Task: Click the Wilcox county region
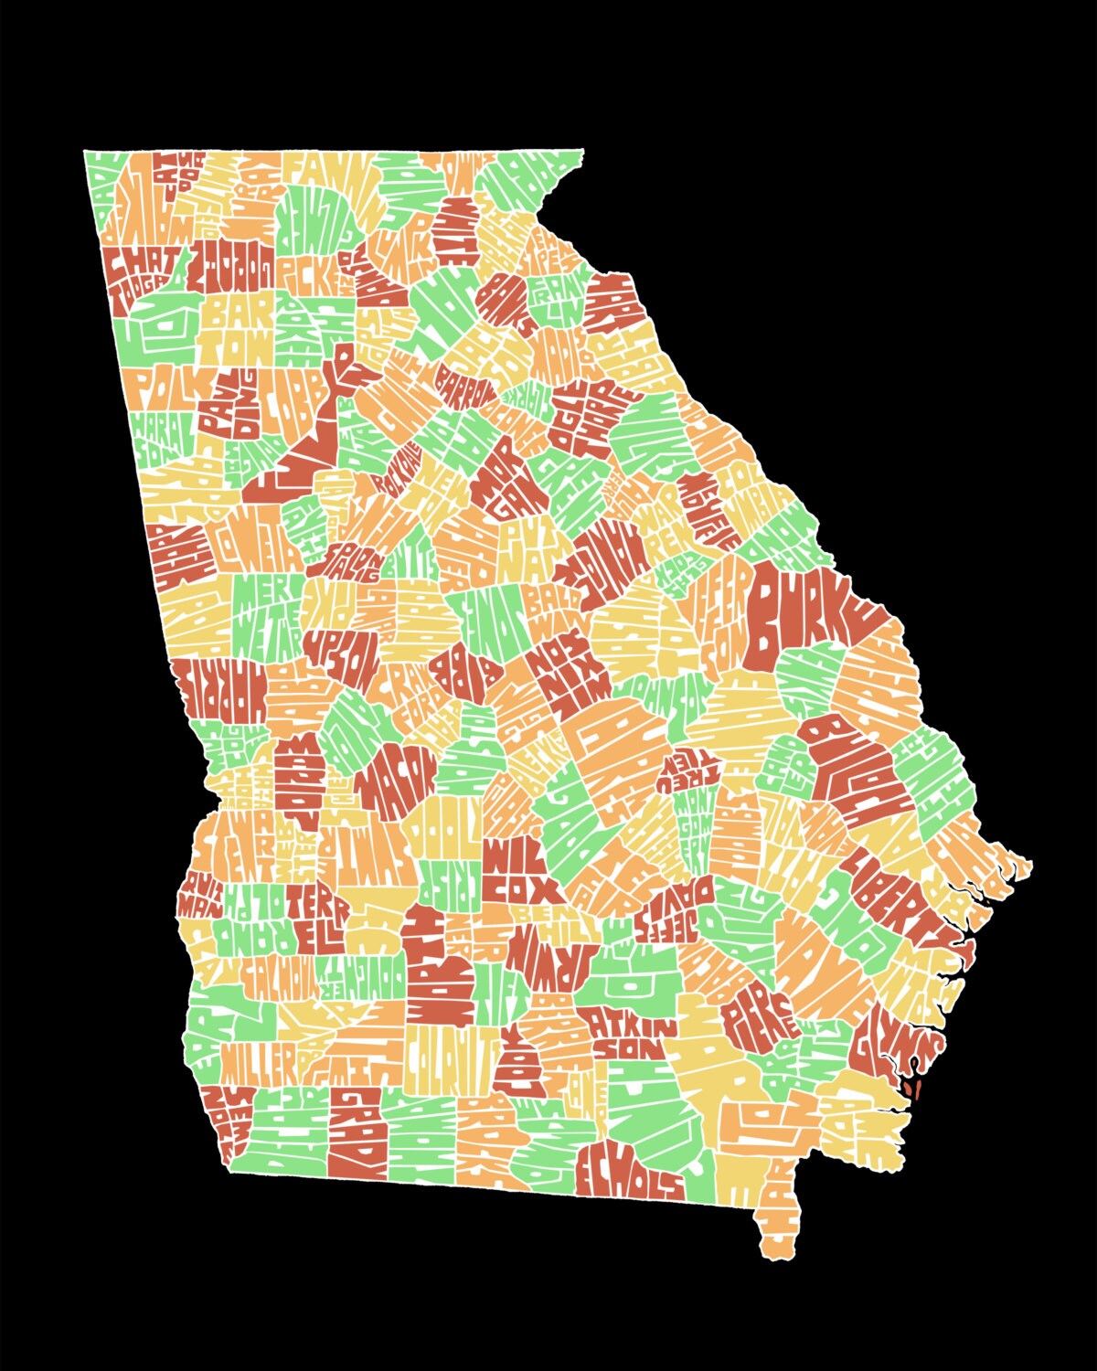[x=518, y=876]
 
